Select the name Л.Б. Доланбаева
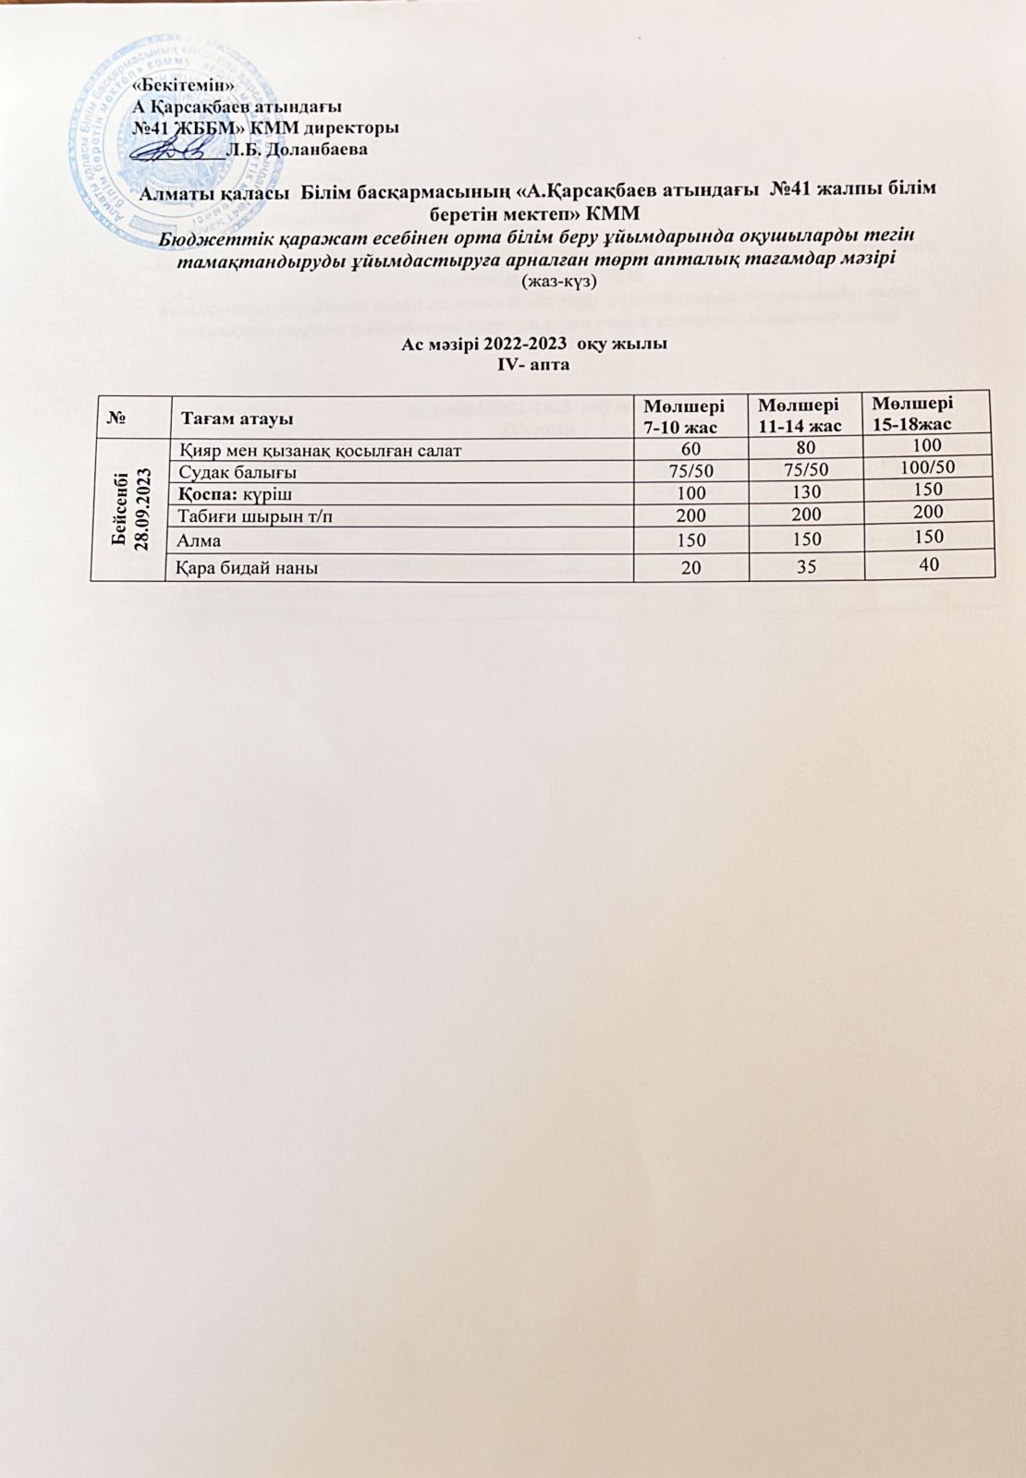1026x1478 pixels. tap(298, 148)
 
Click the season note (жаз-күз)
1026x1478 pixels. tap(560, 280)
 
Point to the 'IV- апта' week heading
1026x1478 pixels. tap(534, 365)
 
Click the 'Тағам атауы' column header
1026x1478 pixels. tap(237, 418)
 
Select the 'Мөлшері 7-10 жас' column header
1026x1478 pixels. tap(684, 416)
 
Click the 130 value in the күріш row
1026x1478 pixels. tap(807, 492)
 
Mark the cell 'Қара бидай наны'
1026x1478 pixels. tap(249, 567)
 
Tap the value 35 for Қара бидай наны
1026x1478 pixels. tap(807, 566)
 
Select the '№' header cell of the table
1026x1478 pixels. tap(117, 418)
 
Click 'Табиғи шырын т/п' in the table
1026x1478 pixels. tap(255, 516)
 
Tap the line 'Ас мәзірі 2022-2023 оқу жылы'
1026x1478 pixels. tap(534, 345)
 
